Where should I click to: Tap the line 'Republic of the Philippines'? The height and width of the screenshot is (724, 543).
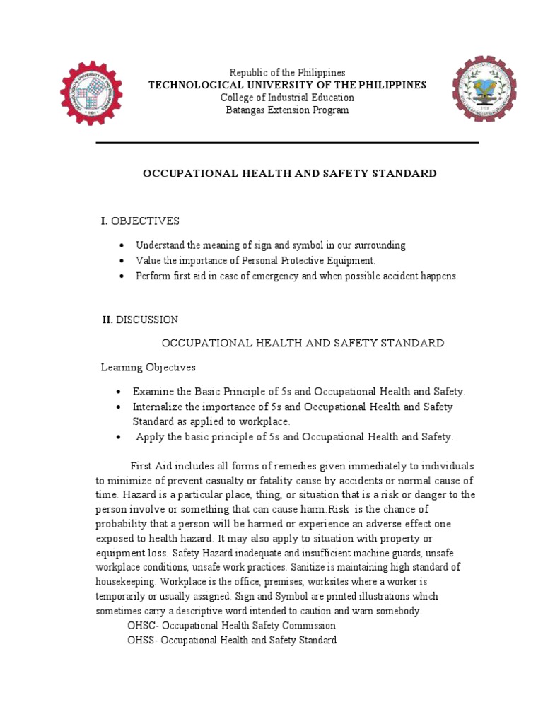coord(287,73)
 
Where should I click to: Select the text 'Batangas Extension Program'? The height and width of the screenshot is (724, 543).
coord(287,110)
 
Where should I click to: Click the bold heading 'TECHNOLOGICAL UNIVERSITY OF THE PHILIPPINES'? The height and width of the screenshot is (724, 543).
coord(287,85)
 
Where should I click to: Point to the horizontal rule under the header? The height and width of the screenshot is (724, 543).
coord(287,143)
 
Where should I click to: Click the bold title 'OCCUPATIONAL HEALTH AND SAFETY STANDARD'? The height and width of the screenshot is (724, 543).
coord(290,173)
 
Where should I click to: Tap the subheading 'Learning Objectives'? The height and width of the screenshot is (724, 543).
coord(148,368)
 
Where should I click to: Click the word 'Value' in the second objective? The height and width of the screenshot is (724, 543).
coord(148,261)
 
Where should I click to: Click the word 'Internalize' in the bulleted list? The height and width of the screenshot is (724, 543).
coord(158,407)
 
